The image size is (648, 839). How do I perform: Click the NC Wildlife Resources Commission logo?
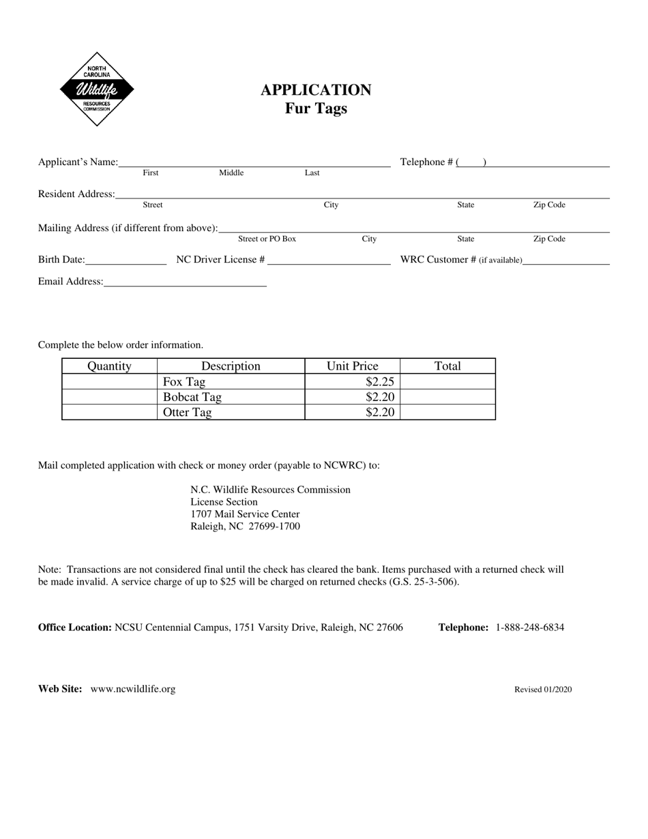tap(96, 89)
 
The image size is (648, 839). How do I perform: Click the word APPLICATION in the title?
tap(316, 90)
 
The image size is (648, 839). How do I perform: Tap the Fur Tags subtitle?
tap(316, 108)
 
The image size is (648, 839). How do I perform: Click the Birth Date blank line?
tap(126, 260)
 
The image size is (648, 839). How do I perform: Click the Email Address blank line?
tap(185, 282)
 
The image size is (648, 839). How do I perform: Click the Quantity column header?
tap(109, 366)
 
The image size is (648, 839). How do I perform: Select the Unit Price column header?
tap(352, 366)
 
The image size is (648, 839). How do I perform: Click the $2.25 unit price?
tap(380, 382)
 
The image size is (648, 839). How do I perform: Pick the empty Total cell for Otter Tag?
tap(447, 412)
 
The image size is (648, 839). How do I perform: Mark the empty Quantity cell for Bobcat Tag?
tap(109, 397)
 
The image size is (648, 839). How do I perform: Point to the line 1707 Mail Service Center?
tap(245, 514)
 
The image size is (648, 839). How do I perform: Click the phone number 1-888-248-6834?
tap(529, 628)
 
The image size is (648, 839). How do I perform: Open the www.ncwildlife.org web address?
tap(132, 689)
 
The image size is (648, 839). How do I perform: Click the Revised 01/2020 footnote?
tap(543, 690)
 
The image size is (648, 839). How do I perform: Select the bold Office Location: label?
tap(75, 628)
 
